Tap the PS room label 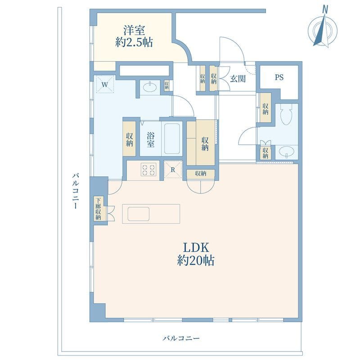(x=279, y=77)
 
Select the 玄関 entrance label (x=238, y=79)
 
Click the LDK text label (x=195, y=247)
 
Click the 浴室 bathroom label (x=150, y=139)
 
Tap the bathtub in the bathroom (x=171, y=139)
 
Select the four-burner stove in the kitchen (x=149, y=170)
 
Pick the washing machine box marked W (x=105, y=84)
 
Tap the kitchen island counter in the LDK (x=153, y=213)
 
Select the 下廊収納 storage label (x=98, y=209)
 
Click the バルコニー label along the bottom (x=180, y=338)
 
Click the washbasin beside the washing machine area (x=149, y=86)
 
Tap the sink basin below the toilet (x=285, y=153)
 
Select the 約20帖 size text (x=195, y=261)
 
